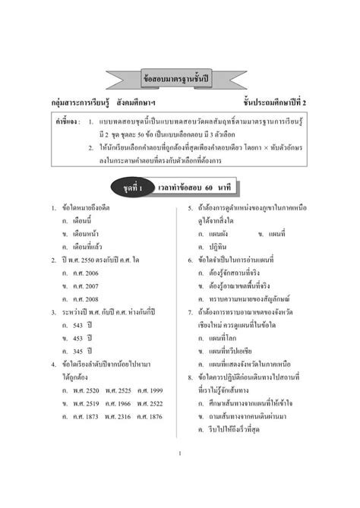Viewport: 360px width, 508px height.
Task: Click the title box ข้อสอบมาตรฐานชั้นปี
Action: coord(179,79)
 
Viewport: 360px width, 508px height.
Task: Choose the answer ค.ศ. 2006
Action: coord(82,272)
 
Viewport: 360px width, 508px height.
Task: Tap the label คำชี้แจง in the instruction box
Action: coord(68,119)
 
